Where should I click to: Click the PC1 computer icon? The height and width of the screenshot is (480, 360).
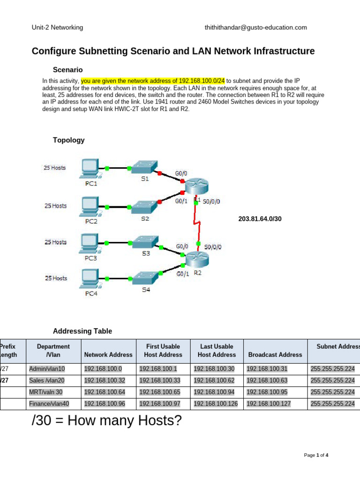[90, 169]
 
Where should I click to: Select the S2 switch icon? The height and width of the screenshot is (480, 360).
[145, 206]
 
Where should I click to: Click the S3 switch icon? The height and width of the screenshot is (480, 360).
[145, 242]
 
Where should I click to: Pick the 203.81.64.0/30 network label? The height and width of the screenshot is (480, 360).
[260, 219]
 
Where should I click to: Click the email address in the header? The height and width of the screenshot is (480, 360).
[255, 28]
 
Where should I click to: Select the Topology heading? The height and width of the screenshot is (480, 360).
[68, 140]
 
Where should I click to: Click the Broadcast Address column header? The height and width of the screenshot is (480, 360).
[275, 355]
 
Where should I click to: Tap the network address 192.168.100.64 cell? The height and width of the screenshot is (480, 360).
[107, 392]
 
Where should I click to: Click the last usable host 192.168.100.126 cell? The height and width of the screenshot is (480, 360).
[217, 404]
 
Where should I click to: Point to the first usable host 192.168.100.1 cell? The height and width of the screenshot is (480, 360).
[160, 369]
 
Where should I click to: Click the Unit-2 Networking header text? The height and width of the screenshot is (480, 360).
[57, 28]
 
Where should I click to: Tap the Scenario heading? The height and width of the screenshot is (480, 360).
[68, 70]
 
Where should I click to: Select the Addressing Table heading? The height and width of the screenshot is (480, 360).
[82, 331]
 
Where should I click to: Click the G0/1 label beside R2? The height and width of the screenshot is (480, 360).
[182, 274]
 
